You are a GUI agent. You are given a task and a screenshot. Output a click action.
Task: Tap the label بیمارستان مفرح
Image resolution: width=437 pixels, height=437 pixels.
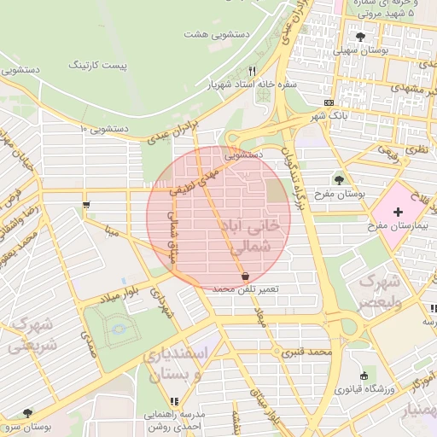(x=397, y=226)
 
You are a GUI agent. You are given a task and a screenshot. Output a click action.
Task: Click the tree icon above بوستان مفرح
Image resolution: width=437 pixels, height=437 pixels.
(x=340, y=180)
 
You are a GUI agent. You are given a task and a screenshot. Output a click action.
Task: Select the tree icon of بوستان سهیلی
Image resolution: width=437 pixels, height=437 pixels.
(x=360, y=37)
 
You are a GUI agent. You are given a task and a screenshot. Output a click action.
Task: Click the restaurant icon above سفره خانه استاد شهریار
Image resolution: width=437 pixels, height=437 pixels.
(x=251, y=72)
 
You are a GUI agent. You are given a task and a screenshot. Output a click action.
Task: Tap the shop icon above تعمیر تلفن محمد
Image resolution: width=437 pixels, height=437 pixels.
(x=246, y=277)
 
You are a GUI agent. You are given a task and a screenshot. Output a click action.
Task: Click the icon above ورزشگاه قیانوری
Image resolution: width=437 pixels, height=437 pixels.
(x=364, y=376)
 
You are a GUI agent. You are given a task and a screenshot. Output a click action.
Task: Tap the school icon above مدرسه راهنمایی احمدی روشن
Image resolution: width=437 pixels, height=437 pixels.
(x=174, y=401)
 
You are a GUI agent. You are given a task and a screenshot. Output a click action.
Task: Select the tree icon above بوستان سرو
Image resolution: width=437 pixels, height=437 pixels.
(x=27, y=412)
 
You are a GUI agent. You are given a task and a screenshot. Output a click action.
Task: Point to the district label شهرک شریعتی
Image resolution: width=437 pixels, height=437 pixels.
(x=32, y=335)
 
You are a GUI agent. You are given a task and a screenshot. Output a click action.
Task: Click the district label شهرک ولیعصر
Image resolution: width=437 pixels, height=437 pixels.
(x=376, y=291)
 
